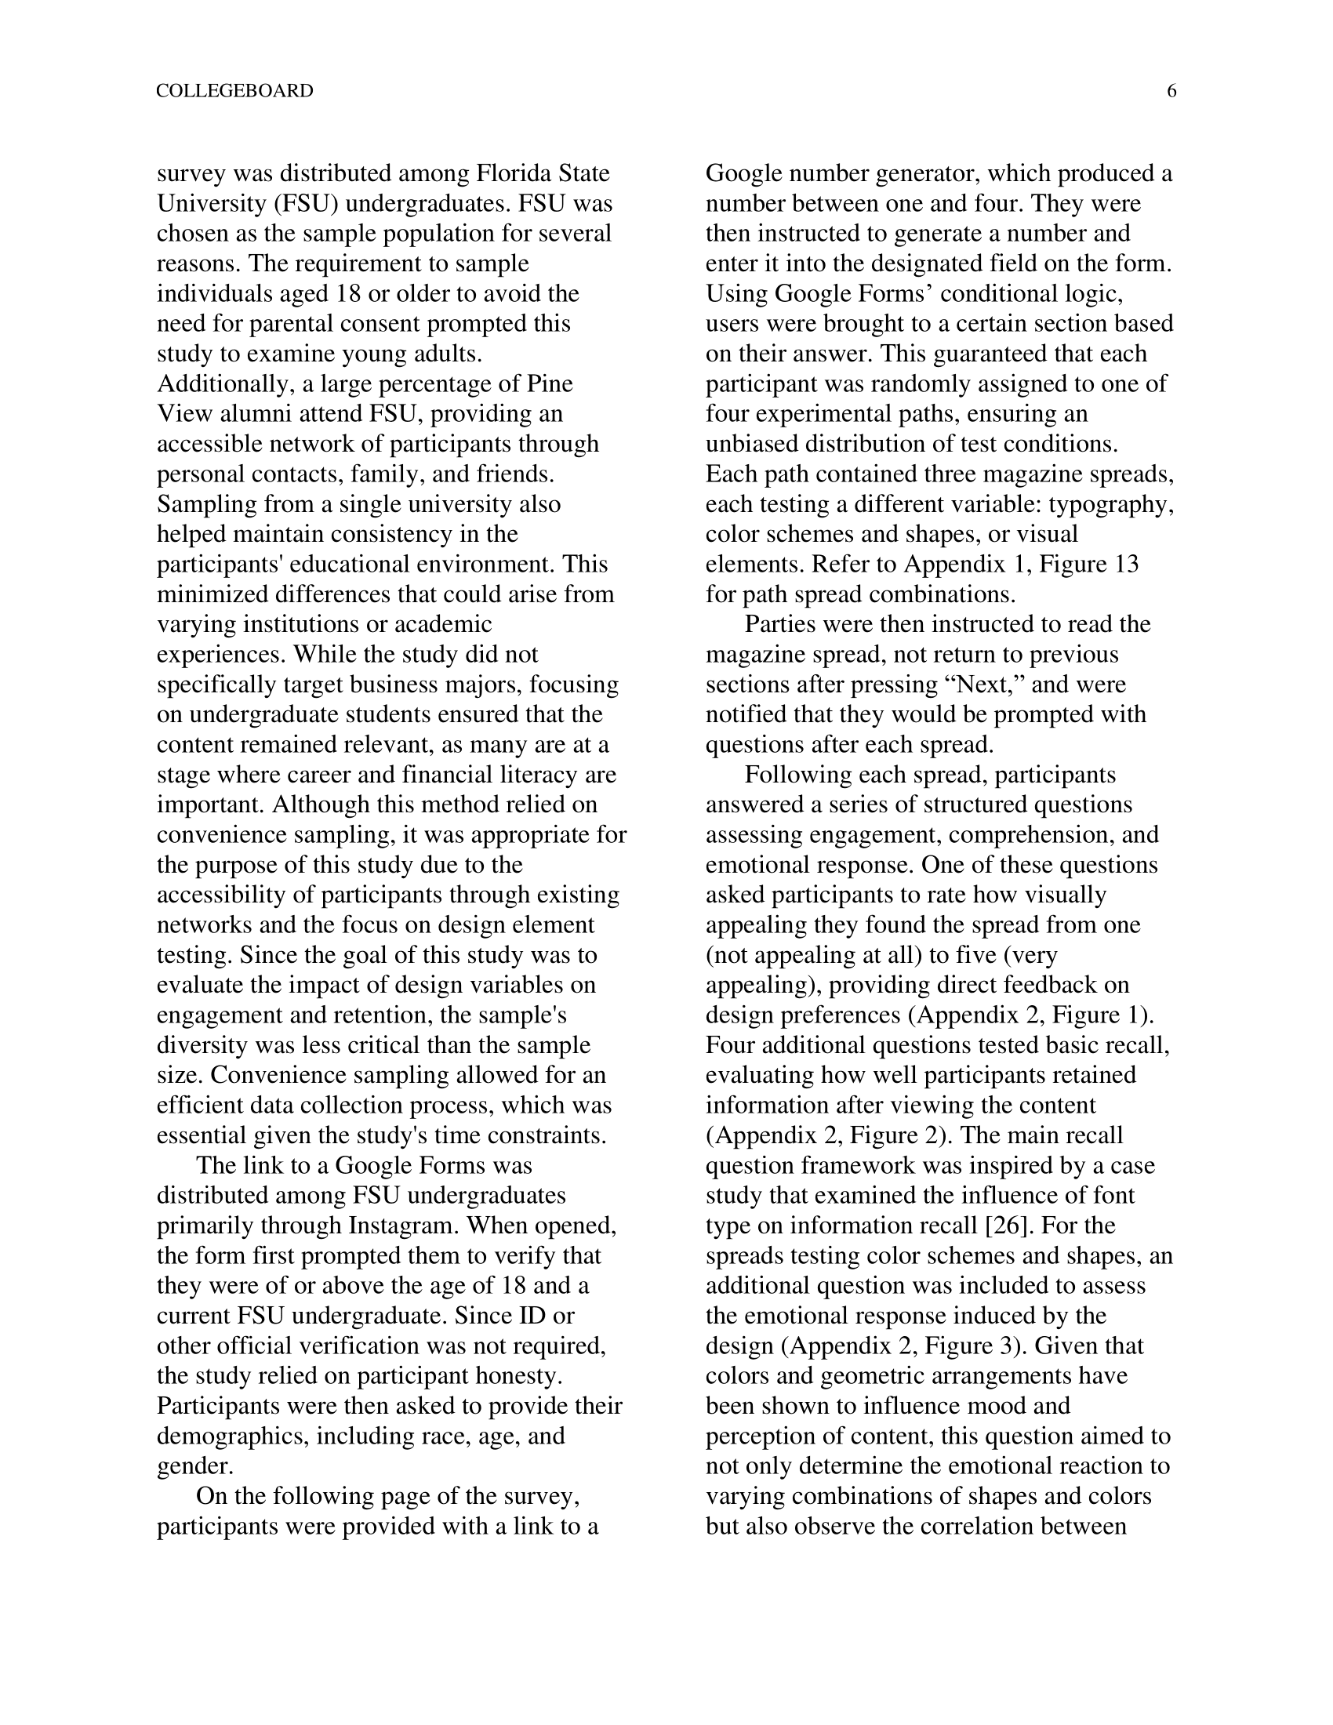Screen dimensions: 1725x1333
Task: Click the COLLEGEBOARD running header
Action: coord(234,92)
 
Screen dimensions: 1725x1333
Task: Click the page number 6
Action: coord(1171,92)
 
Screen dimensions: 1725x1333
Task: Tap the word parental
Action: coord(301,324)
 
